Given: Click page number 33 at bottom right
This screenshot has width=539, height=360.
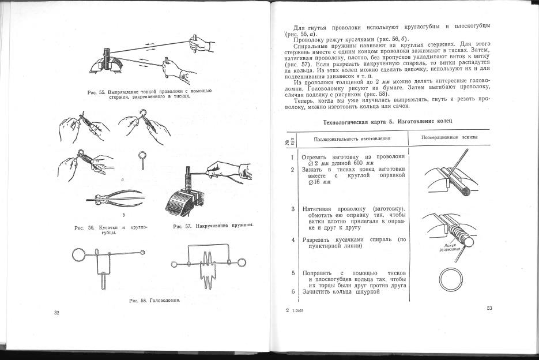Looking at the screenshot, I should click(x=489, y=309).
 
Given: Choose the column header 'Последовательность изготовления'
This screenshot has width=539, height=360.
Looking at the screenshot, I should click(x=352, y=139).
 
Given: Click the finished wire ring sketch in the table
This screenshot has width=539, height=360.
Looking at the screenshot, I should click(x=451, y=281).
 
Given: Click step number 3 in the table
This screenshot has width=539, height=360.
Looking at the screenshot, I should click(x=293, y=208).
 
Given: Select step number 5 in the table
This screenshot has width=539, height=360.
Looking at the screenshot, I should click(x=293, y=272).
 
